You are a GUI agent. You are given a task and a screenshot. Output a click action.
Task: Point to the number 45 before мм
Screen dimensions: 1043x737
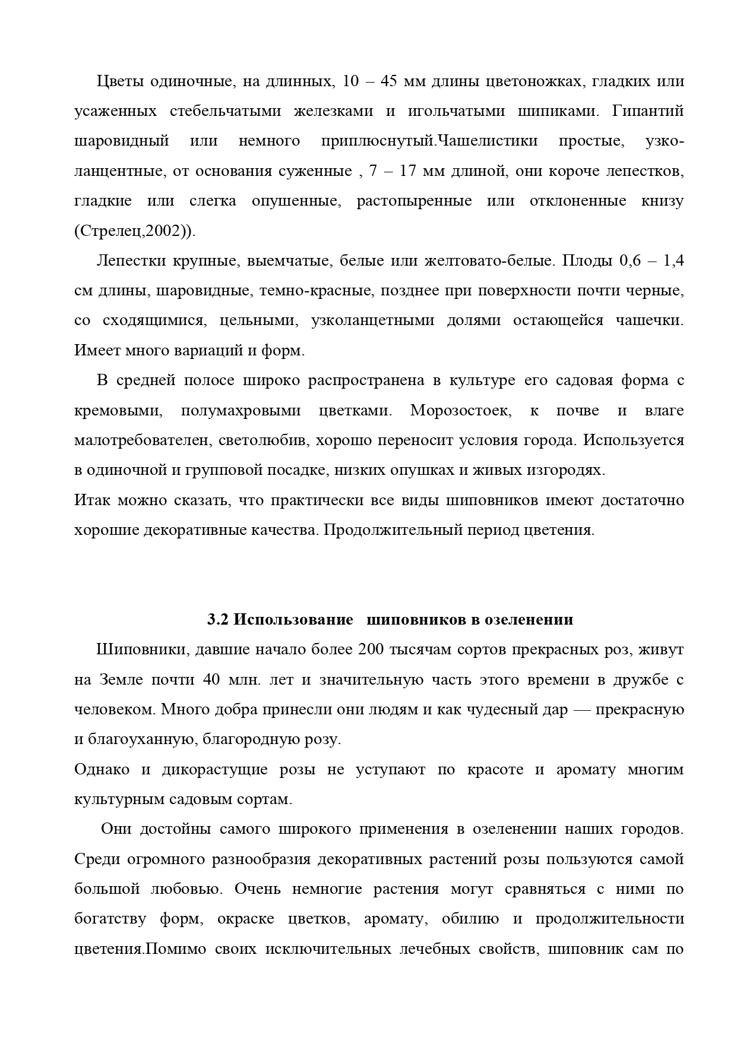coord(388,81)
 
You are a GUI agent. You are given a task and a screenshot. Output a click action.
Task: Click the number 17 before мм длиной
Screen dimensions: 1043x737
coord(407,171)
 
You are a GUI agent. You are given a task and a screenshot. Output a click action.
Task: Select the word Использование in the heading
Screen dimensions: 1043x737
coord(293,620)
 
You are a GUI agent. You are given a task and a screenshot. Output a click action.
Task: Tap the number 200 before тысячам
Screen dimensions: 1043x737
coord(371,650)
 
